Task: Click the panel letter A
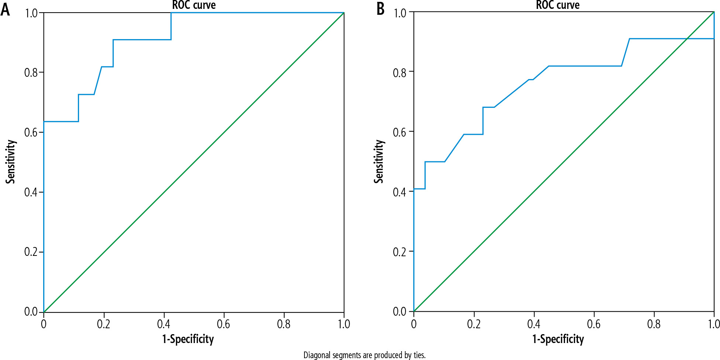5,10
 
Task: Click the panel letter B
380,9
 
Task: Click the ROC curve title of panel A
194,5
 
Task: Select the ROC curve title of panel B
558,5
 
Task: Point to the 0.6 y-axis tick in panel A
31,133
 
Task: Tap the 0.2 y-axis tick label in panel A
31,252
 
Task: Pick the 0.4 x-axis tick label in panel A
163,325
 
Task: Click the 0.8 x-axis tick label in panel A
284,325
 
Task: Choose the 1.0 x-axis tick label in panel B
714,325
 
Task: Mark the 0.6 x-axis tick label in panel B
594,325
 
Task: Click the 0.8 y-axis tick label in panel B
400,73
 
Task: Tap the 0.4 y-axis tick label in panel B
400,192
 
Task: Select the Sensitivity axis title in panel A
11,161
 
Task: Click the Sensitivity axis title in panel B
379,161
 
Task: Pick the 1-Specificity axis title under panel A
188,339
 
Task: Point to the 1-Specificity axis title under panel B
558,339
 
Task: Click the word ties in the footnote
419,355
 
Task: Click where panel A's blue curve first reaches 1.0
171,13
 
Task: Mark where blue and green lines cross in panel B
687,39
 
